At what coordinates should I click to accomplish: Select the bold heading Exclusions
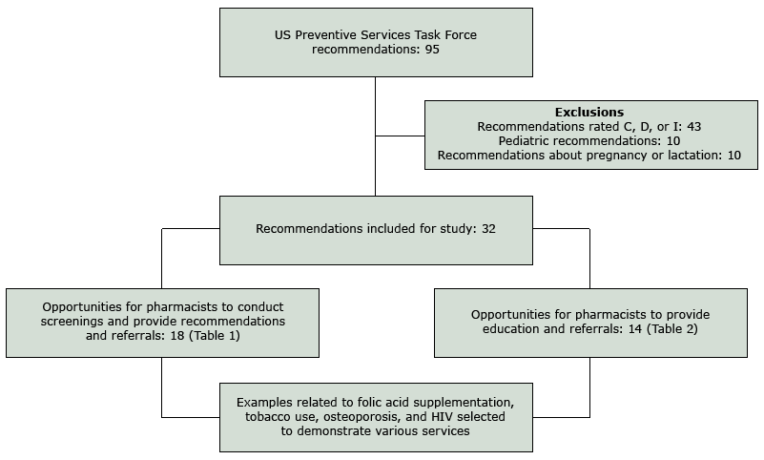589,112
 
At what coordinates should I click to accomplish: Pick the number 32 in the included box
486,229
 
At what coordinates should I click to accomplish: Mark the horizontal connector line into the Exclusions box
400,136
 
